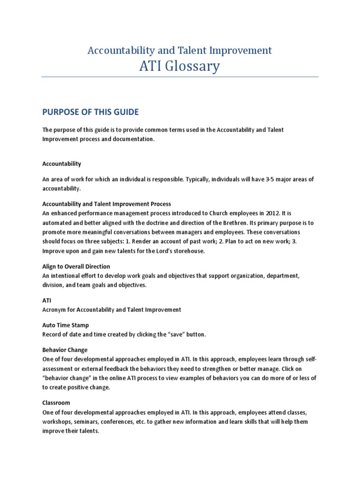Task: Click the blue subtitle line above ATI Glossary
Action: (x=180, y=50)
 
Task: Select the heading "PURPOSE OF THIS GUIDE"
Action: (x=90, y=112)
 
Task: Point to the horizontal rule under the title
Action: (x=180, y=77)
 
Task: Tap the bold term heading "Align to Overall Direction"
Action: (x=76, y=266)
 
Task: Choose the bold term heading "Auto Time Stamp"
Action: (x=66, y=325)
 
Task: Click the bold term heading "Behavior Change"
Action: (x=65, y=350)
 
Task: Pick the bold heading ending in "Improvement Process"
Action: (x=107, y=204)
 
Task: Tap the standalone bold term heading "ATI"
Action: (x=46, y=300)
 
